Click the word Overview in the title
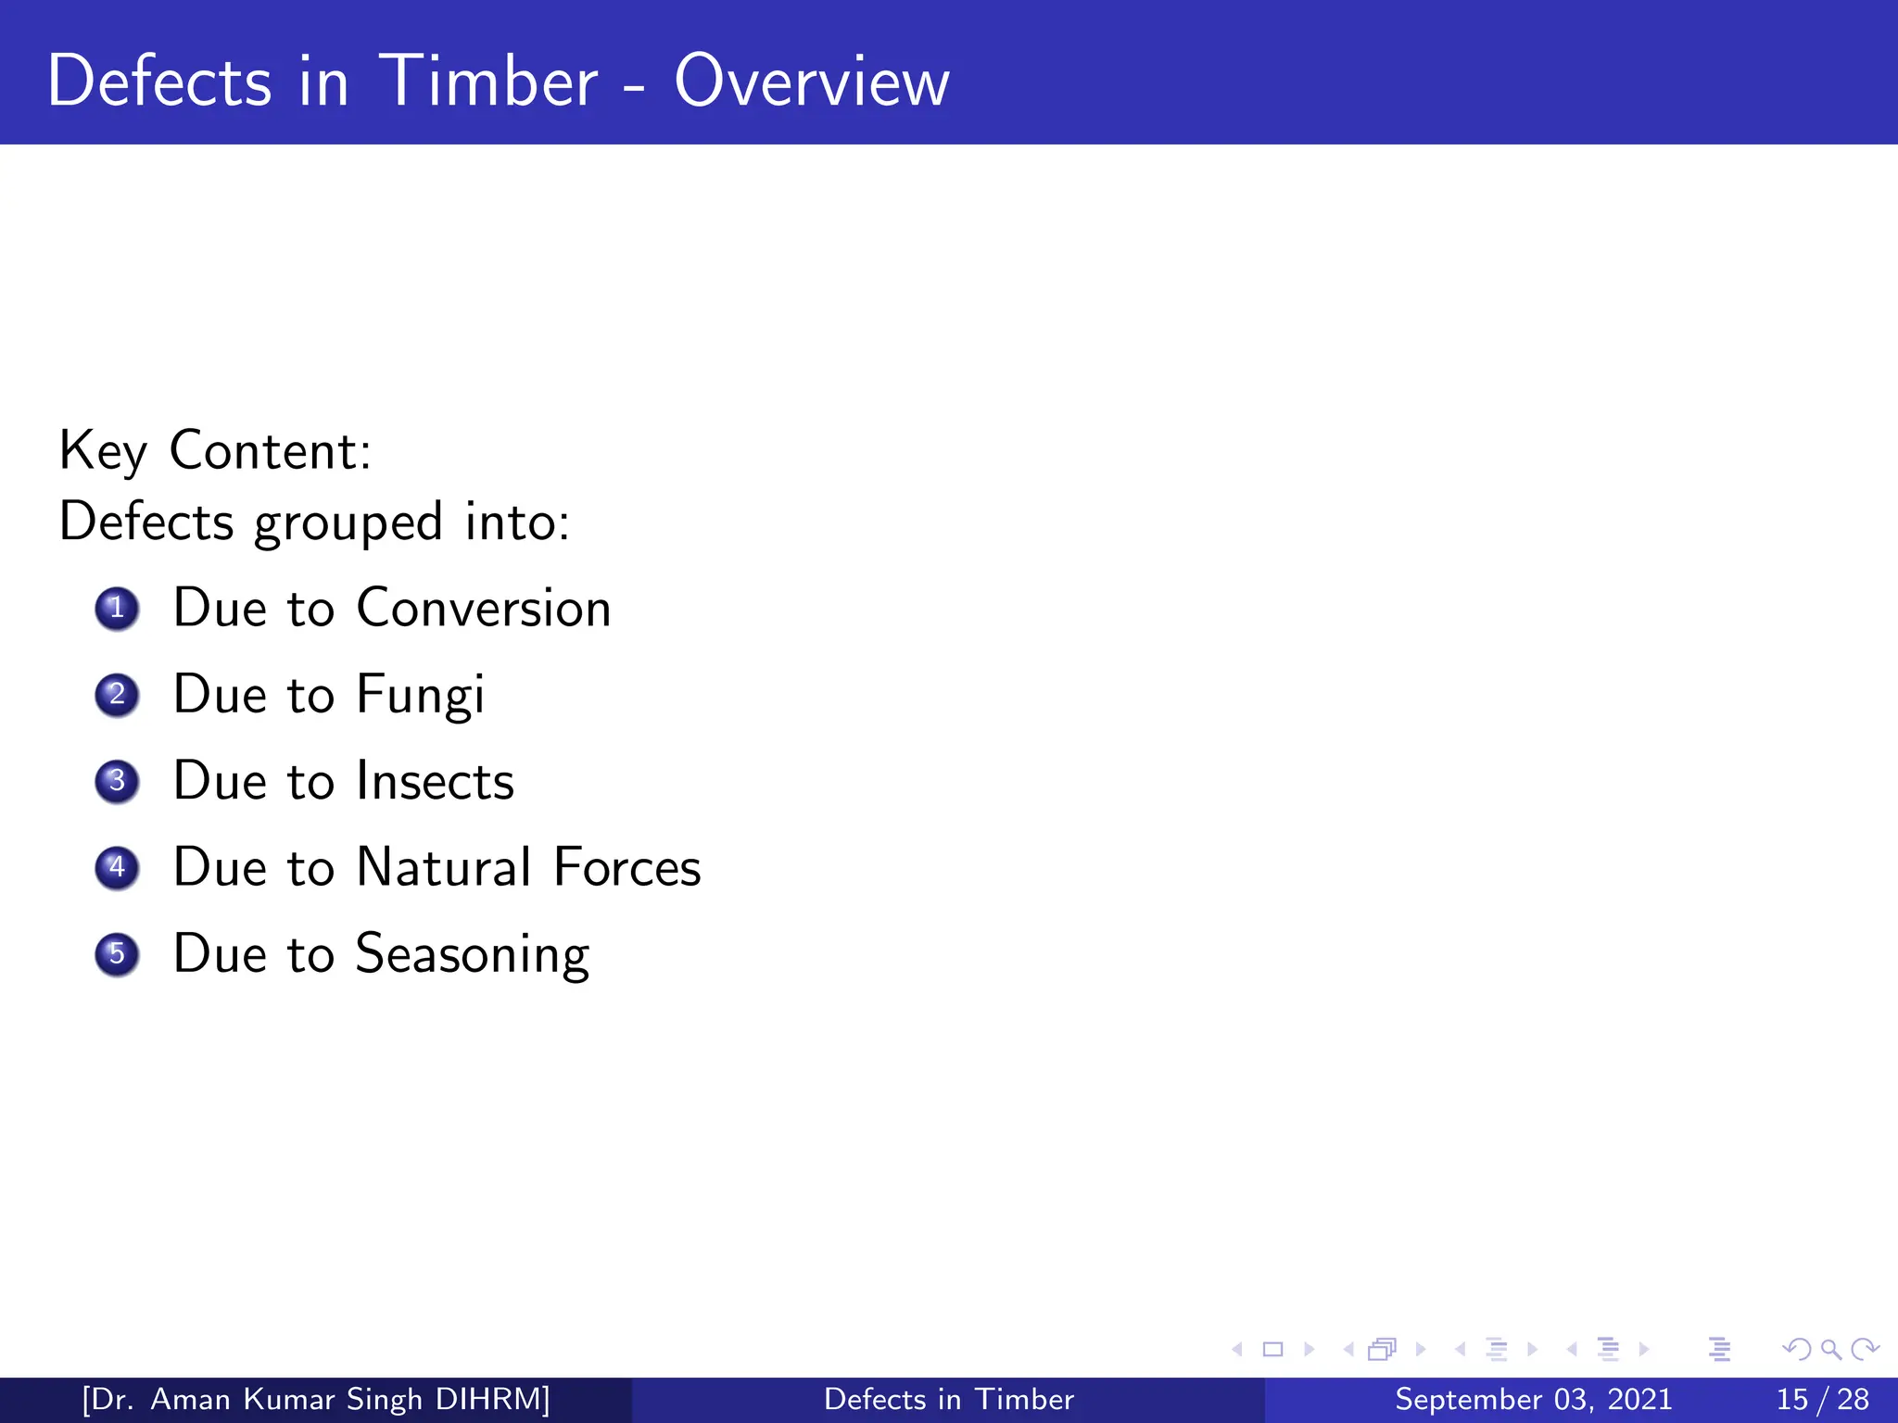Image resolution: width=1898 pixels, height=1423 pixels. pos(811,82)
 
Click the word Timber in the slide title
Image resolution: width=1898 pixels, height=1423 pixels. pos(488,82)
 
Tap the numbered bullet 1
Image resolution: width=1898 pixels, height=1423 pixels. pos(117,609)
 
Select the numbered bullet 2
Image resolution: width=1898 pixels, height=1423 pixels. pos(117,695)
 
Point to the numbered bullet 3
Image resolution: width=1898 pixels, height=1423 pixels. pos(117,781)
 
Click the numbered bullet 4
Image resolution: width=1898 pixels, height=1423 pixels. pos(117,868)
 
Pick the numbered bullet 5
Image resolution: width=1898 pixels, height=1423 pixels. pos(117,954)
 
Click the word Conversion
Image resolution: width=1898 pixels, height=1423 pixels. pos(484,609)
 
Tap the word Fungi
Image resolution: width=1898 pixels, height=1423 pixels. pos(420,695)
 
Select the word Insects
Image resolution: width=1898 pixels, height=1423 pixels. pos(435,781)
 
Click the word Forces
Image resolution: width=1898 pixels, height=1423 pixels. pos(627,868)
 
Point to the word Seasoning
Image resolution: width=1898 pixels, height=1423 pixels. pos(473,954)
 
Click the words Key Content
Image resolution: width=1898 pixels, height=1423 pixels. pos(215,451)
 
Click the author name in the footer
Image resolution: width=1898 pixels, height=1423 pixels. pos(316,1399)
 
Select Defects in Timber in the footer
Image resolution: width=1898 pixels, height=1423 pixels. pos(948,1399)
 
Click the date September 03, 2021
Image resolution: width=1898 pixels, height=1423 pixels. pos(1533,1399)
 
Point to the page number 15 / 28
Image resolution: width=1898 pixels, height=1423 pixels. pos(1822,1399)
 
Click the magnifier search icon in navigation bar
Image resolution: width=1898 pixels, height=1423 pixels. pos(1830,1349)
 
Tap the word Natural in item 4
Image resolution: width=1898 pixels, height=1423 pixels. pos(444,868)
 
